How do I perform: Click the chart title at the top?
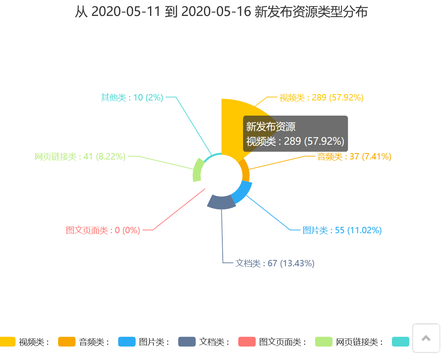[221, 12]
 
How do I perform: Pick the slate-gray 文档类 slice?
[221, 202]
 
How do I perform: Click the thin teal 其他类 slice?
[211, 156]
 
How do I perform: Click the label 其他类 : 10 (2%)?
[132, 97]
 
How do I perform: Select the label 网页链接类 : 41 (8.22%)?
[80, 157]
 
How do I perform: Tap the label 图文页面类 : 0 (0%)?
[103, 230]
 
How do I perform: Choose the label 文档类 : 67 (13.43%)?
[275, 264]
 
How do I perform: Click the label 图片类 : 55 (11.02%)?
[342, 230]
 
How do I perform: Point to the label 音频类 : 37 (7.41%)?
[354, 157]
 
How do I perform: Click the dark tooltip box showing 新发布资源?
[295, 134]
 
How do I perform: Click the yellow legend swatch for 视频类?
[7, 342]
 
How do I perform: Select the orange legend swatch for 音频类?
[67, 342]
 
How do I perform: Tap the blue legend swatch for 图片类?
[127, 342]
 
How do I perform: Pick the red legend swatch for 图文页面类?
[247, 342]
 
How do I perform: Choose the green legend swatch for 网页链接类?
[324, 342]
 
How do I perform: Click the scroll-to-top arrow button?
[426, 338]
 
